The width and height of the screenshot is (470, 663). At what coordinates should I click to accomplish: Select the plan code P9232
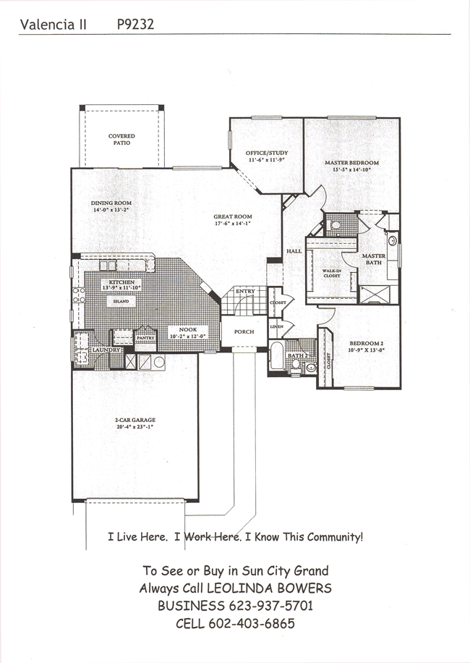coord(134,24)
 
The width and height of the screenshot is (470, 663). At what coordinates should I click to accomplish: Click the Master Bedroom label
coord(351,163)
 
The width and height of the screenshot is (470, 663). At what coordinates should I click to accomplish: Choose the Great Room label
coord(232,216)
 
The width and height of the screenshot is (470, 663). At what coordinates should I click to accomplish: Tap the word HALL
coord(294,250)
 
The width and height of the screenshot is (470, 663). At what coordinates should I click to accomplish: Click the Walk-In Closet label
coord(331,273)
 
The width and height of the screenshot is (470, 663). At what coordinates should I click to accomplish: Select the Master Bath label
coord(374,259)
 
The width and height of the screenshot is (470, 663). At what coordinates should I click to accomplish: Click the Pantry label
coord(146,337)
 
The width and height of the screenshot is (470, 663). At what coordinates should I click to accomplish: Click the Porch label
coord(244,332)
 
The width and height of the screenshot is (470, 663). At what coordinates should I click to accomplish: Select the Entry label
coord(245,291)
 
